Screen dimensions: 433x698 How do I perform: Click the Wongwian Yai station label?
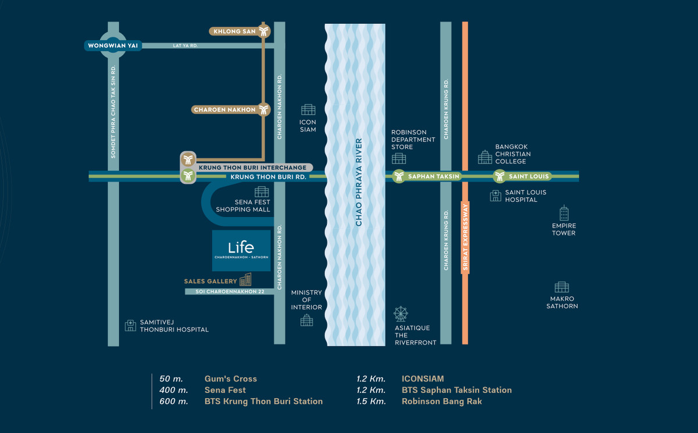point(113,45)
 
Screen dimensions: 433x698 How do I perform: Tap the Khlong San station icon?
point(265,31)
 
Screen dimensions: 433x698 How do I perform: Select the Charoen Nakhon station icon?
point(265,109)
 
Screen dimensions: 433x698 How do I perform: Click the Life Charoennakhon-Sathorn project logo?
point(241,250)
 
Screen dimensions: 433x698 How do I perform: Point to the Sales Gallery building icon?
point(245,280)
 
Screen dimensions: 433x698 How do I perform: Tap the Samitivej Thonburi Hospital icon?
point(130,325)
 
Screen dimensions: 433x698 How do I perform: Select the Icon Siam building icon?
point(308,109)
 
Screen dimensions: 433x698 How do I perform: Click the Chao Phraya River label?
point(358,182)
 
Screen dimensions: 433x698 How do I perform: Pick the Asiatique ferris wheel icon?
point(401,314)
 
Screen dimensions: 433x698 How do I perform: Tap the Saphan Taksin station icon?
point(398,176)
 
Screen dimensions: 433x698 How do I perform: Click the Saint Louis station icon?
point(499,176)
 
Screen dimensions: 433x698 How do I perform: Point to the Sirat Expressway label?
point(465,237)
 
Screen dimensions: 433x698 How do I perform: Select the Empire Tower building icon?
point(564,213)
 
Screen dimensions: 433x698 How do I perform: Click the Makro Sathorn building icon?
point(561,287)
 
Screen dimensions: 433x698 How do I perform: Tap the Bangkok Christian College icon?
point(485,157)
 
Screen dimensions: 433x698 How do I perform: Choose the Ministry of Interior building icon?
point(307,320)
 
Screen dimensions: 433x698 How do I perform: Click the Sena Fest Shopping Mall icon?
point(262,191)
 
